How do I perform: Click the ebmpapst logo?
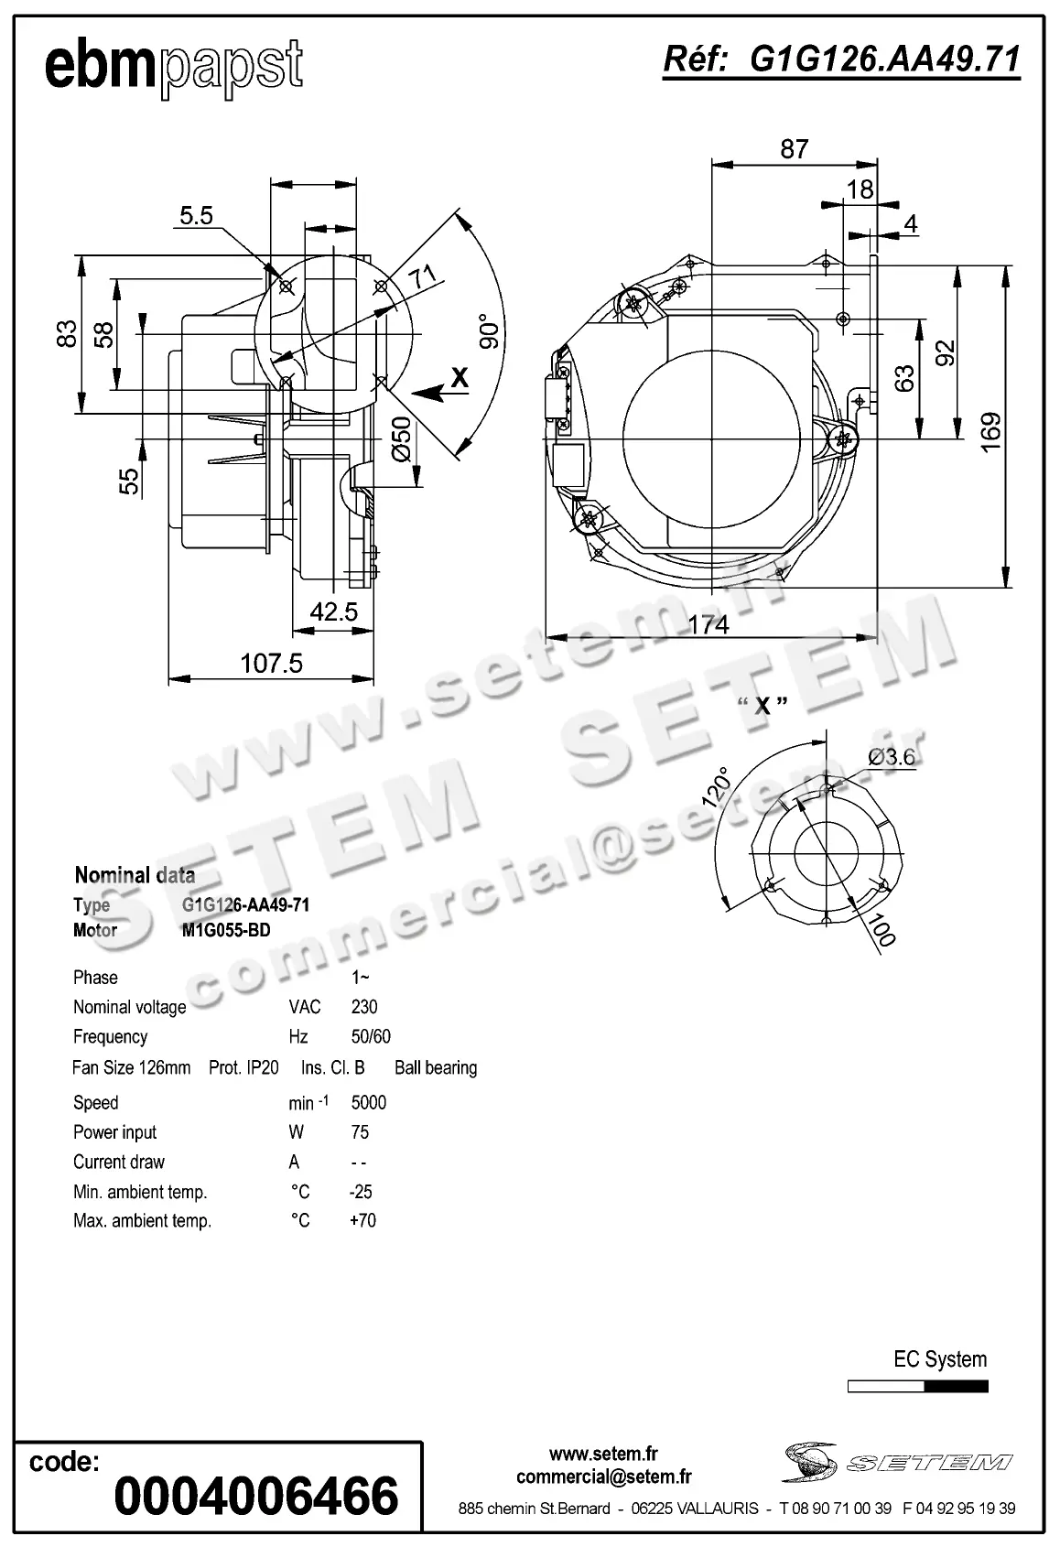[174, 66]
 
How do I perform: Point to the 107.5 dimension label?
[271, 663]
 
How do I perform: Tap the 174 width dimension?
[708, 624]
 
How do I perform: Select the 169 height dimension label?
[990, 432]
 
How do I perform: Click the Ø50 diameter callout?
[401, 439]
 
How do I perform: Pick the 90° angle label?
[490, 331]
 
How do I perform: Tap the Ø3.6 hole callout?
[891, 756]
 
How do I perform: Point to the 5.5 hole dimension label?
[196, 216]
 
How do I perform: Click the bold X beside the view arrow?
[460, 377]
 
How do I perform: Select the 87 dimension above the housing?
[795, 148]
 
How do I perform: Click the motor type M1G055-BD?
[226, 930]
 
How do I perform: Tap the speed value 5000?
[369, 1102]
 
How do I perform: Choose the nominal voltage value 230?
[364, 1007]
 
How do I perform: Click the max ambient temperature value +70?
[362, 1220]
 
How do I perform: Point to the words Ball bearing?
[436, 1067]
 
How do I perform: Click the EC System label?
[940, 1359]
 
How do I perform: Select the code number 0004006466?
[256, 1496]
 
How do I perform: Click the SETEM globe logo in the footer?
[811, 1462]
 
